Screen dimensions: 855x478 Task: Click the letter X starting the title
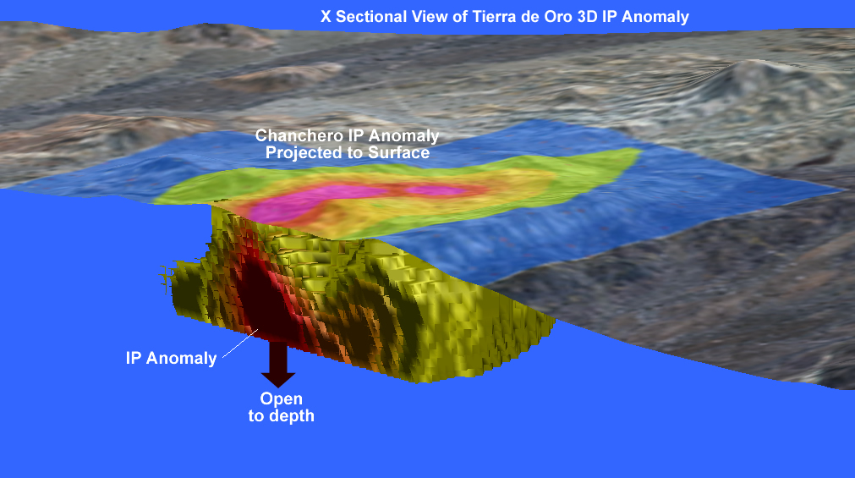coord(326,16)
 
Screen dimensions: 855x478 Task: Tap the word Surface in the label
coord(399,152)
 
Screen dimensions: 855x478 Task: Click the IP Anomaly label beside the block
coord(171,358)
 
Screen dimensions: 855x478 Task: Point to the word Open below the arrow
coord(282,399)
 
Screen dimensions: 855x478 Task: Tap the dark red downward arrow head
coord(278,379)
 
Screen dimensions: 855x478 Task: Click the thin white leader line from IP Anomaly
coord(240,343)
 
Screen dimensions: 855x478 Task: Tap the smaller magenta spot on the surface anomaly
coord(436,191)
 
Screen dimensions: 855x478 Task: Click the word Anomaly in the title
coord(655,17)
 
